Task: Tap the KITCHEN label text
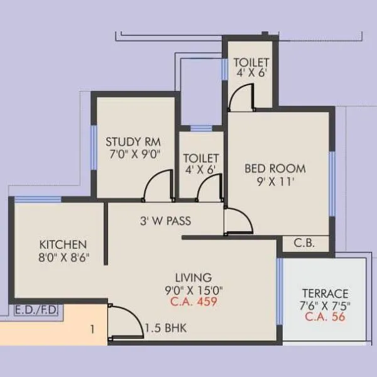(63, 244)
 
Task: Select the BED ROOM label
(275, 168)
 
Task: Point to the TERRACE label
(325, 293)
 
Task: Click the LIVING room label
(194, 277)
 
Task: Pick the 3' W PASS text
(165, 221)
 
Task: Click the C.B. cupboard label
(304, 244)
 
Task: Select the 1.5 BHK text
(165, 328)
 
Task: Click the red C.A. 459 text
(194, 302)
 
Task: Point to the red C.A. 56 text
(325, 317)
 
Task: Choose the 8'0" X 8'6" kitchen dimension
(63, 256)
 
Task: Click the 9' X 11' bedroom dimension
(274, 182)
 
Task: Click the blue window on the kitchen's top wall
(37, 200)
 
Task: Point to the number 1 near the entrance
(92, 327)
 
